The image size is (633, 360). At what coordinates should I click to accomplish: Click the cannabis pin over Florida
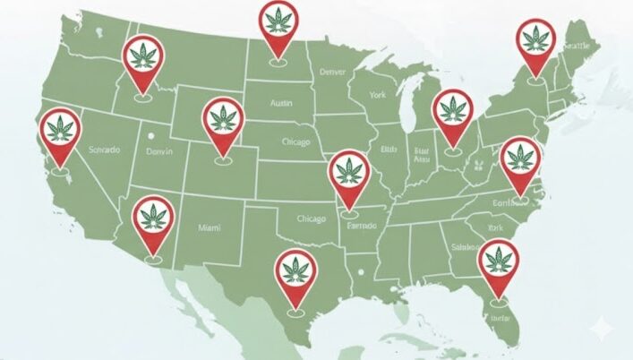(x=498, y=261)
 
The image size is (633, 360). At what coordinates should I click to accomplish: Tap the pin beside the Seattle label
(x=537, y=41)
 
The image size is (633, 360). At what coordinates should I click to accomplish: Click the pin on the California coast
(x=61, y=131)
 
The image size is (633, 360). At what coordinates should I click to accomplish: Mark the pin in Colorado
(x=224, y=120)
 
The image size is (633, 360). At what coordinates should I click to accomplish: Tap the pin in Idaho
(x=142, y=57)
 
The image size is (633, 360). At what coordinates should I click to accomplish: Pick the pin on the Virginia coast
(x=519, y=159)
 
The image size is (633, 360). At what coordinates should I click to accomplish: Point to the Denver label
(x=331, y=71)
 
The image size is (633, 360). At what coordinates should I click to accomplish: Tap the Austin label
(x=282, y=104)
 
